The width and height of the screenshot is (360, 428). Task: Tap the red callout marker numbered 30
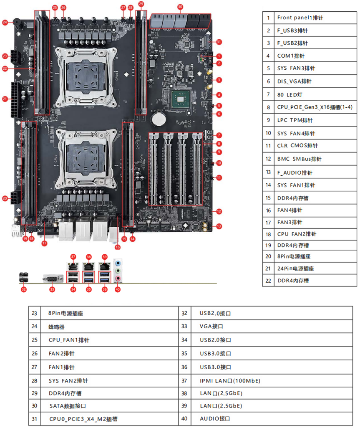180,7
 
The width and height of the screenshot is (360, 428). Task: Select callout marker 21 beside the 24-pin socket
5,99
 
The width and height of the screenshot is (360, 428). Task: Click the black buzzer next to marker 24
17,22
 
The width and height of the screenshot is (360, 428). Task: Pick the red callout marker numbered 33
52,289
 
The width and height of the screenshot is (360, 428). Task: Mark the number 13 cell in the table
268,172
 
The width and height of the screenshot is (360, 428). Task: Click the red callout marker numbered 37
73,256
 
